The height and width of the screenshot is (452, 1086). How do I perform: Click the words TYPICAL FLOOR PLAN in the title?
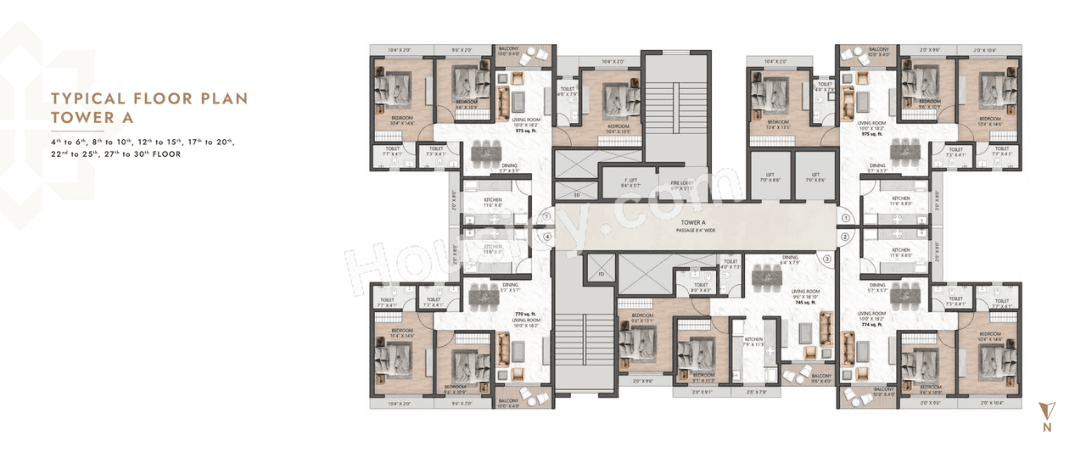pyautogui.click(x=149, y=98)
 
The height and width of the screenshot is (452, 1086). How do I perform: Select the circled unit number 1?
pyautogui.click(x=846, y=218)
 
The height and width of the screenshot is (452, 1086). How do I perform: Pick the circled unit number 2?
pyautogui.click(x=846, y=237)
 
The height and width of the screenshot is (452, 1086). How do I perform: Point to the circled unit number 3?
pyautogui.click(x=826, y=259)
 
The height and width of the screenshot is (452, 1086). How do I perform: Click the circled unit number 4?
pyautogui.click(x=548, y=237)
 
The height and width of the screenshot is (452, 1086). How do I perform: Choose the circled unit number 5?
pyautogui.click(x=548, y=216)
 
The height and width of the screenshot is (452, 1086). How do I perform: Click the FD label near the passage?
pyautogui.click(x=601, y=274)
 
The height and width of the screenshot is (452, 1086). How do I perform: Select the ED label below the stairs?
pyautogui.click(x=577, y=195)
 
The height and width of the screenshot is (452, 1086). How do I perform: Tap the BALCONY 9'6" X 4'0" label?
pyautogui.click(x=821, y=378)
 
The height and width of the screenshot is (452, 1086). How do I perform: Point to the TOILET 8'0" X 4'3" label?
pyautogui.click(x=701, y=288)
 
